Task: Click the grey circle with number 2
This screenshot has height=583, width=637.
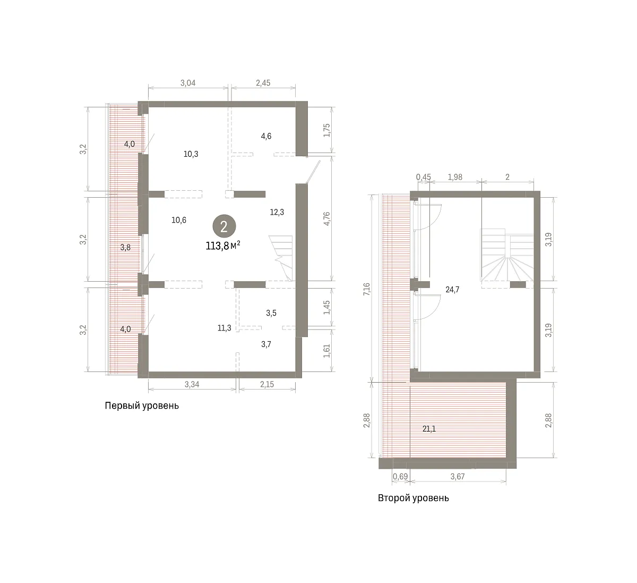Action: (x=224, y=226)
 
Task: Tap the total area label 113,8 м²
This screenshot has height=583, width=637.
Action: (x=223, y=246)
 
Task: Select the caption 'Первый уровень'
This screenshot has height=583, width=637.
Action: (x=142, y=405)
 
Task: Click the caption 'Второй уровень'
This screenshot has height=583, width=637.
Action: (x=413, y=498)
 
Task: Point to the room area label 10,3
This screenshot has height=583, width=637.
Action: (x=191, y=154)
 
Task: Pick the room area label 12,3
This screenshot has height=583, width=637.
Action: (x=277, y=212)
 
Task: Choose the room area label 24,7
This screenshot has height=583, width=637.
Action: (x=452, y=290)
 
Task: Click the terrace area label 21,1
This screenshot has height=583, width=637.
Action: (x=429, y=429)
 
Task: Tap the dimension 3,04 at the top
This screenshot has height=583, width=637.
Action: (x=188, y=83)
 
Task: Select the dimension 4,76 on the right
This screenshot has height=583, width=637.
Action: (x=327, y=219)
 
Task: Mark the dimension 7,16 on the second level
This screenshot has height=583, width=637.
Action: (x=367, y=289)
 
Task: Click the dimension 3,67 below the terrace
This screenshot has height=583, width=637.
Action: (x=457, y=477)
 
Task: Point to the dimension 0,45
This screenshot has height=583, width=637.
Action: (x=423, y=177)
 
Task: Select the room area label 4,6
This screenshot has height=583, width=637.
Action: (x=266, y=136)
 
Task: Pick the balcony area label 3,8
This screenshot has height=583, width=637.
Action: (x=125, y=247)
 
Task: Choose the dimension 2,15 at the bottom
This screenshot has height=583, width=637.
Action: (x=267, y=384)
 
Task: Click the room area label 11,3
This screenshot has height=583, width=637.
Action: (x=224, y=328)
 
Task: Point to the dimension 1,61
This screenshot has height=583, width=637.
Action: (x=327, y=351)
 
